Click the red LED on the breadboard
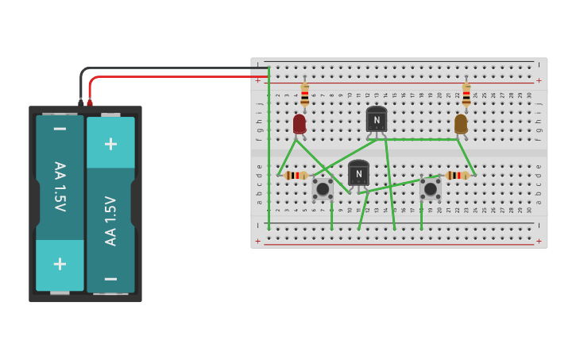pos(300,123)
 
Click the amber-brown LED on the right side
pos(461,124)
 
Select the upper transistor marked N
pos(377,119)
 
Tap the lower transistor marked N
pos(358,173)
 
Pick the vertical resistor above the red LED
pos(304,95)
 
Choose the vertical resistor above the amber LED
pos(466,95)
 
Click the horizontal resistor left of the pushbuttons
pos(296,175)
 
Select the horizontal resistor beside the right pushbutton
pos(458,175)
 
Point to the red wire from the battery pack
pos(175,76)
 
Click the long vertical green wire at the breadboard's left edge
pos(269,151)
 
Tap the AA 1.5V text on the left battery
pos(60,187)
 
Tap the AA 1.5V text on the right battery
pos(111,220)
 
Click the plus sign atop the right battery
pos(110,143)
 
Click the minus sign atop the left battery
pos(60,128)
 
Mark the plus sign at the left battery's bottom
pos(60,264)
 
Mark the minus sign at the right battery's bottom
pos(110,278)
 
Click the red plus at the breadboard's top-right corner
pos(539,80)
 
